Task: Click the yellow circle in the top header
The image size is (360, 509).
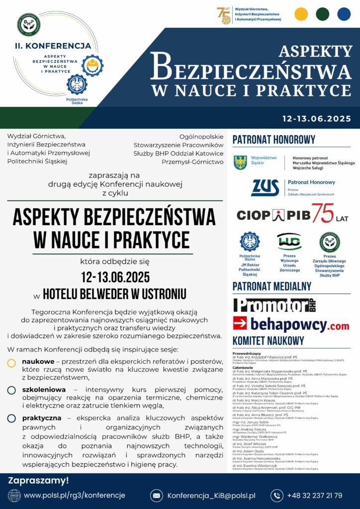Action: [x=301, y=13]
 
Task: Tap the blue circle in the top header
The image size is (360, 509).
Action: [x=344, y=13]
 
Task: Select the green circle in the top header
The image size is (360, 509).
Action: [x=323, y=13]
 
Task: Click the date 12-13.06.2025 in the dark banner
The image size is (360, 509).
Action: [x=316, y=119]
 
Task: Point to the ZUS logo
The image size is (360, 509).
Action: [x=265, y=187]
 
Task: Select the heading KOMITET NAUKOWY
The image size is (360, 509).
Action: [x=268, y=341]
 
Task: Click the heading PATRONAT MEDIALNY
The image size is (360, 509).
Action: [x=272, y=286]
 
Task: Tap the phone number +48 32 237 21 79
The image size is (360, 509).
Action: [x=314, y=495]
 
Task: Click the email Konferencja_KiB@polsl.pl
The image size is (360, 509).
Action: [x=211, y=495]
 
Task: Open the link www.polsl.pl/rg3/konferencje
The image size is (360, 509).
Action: [x=75, y=495]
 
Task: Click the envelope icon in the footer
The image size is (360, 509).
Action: [x=157, y=495]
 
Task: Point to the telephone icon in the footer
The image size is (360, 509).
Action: [x=277, y=495]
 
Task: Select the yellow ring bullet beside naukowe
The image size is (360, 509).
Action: [x=11, y=363]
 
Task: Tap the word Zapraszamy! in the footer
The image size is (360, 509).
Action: [x=38, y=480]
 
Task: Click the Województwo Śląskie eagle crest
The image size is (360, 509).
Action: [x=241, y=162]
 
